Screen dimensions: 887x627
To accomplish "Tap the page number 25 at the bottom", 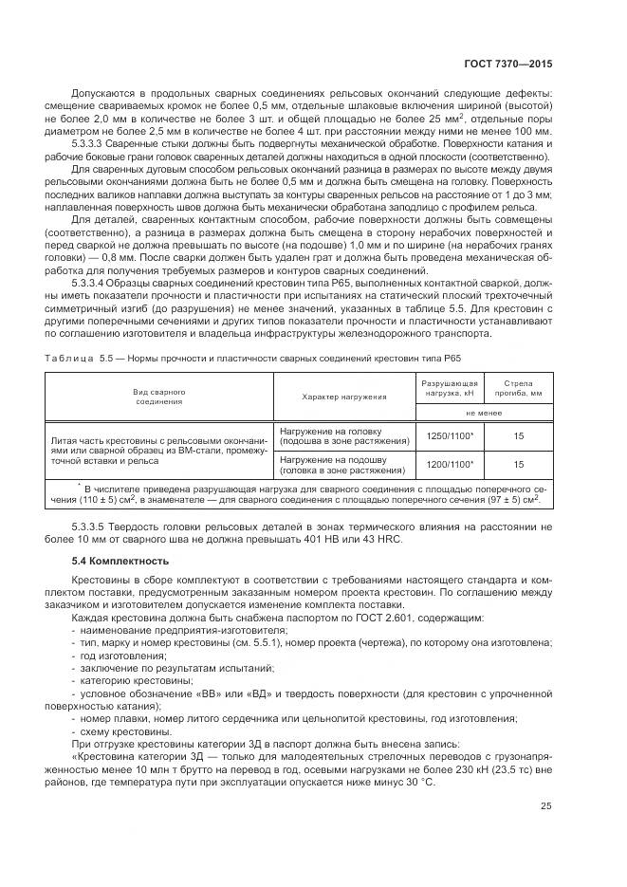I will (x=545, y=807).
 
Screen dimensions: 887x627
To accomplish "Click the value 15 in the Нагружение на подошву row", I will (x=519, y=465).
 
